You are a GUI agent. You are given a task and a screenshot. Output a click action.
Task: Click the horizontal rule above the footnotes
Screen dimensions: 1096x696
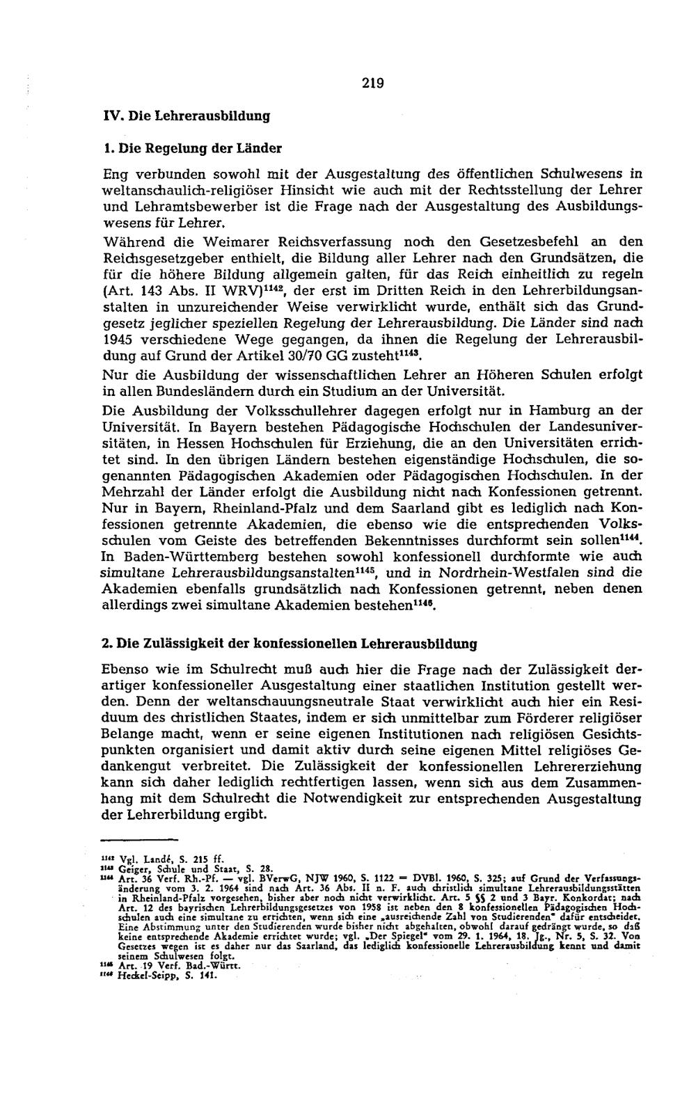[x=140, y=841]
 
